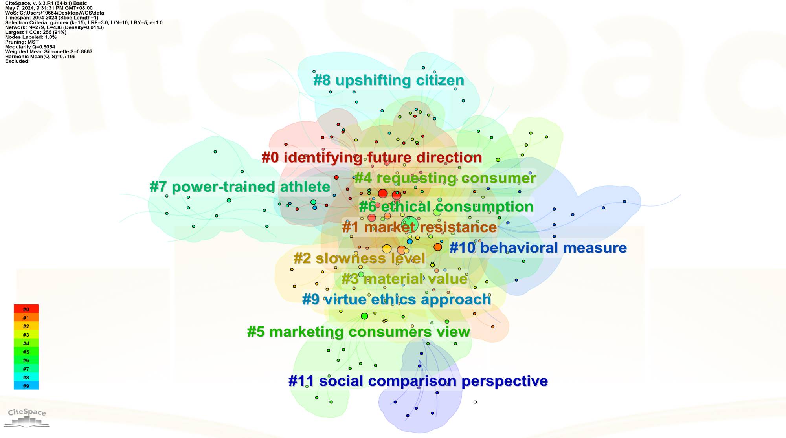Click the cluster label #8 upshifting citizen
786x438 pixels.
point(388,81)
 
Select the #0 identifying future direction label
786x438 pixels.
point(372,158)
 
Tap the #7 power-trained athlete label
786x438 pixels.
point(240,187)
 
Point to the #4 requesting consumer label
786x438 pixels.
point(445,178)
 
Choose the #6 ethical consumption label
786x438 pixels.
point(446,207)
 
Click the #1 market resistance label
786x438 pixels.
point(419,227)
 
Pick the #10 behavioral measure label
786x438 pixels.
point(538,248)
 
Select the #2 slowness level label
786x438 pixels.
point(359,258)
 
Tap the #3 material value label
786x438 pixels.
point(404,279)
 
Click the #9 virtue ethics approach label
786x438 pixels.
point(397,299)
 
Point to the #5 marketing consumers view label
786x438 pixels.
point(358,332)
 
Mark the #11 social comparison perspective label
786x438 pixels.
point(418,381)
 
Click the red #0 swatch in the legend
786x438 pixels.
point(26,309)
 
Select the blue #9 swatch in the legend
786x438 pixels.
point(26,386)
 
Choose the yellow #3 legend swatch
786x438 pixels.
point(26,335)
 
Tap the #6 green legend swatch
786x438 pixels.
point(26,360)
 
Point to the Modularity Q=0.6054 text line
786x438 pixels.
point(30,47)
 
